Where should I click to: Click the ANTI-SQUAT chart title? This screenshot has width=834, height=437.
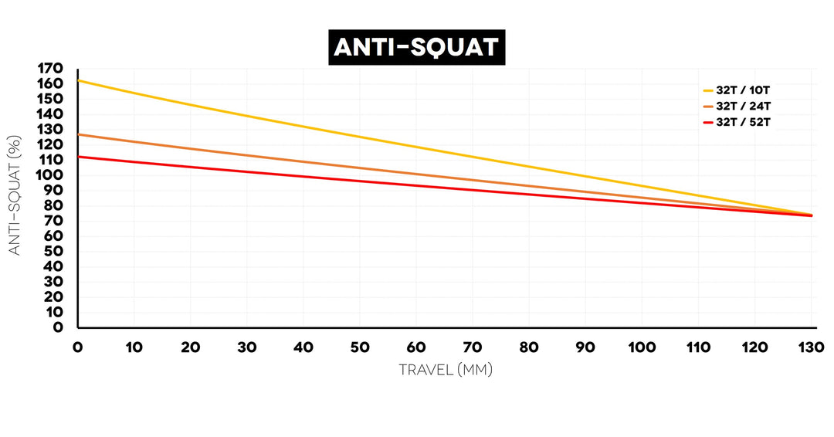click(417, 47)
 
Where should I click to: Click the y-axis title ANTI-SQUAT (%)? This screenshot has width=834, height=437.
click(15, 197)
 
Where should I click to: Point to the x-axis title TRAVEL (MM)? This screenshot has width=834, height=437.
click(445, 370)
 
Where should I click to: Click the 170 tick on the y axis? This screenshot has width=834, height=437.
click(50, 69)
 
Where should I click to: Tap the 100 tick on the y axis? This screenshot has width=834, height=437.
click(50, 175)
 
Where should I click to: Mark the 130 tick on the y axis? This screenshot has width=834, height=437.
click(50, 130)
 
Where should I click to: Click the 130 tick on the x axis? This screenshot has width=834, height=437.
click(812, 347)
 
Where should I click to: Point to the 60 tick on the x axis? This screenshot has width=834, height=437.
click(416, 347)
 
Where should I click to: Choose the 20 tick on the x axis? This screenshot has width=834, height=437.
click(191, 347)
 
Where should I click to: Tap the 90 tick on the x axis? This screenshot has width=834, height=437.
click(586, 347)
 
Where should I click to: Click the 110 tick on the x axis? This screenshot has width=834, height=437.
click(699, 347)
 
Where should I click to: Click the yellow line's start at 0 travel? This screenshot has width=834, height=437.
click(79, 80)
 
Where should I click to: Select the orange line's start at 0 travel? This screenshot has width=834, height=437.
click(79, 134)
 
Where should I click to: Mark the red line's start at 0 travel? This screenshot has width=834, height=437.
click(79, 157)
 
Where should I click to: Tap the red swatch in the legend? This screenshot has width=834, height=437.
click(707, 122)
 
